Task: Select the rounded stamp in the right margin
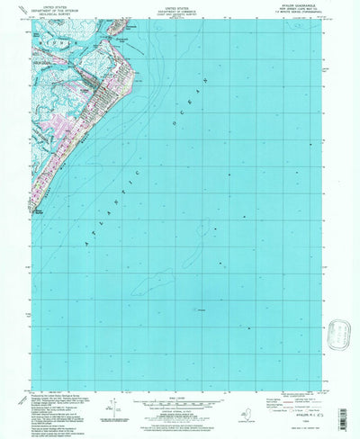point(340,335)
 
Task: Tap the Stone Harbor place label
point(43,212)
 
